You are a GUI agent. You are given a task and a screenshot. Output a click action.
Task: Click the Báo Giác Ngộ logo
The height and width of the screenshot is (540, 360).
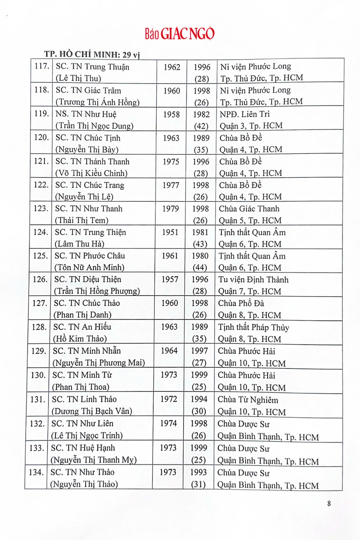(179, 34)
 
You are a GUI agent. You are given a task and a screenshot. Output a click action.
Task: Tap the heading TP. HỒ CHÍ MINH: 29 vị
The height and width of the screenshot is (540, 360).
(92, 54)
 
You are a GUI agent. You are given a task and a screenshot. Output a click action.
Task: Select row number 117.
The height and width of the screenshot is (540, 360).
(42, 66)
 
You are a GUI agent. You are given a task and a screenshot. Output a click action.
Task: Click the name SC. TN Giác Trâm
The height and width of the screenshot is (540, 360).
(88, 91)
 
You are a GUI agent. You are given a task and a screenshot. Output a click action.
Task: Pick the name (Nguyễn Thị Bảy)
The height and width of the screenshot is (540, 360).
(87, 149)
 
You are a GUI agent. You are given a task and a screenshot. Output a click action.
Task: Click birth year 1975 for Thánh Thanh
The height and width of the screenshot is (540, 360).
(171, 162)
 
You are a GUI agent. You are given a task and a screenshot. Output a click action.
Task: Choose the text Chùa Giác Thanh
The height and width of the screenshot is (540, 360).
(249, 209)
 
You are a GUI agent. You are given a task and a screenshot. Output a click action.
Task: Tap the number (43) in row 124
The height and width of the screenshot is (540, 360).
(200, 244)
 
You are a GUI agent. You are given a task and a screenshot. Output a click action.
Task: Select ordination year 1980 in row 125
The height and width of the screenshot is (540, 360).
(200, 256)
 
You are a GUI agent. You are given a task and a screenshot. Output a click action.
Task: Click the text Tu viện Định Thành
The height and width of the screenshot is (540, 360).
(253, 280)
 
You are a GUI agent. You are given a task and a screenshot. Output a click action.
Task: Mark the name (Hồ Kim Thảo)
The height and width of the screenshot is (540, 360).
(80, 339)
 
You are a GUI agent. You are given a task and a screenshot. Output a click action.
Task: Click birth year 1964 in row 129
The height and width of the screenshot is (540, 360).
(169, 351)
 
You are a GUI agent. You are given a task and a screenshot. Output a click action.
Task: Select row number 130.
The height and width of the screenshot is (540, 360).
(38, 375)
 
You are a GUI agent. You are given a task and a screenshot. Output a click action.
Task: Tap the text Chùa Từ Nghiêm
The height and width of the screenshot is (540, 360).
(248, 400)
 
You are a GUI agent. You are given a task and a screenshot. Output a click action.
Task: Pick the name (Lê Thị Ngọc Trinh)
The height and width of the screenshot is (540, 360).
(87, 435)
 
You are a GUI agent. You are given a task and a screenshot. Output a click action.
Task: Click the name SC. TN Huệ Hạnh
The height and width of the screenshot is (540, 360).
(83, 448)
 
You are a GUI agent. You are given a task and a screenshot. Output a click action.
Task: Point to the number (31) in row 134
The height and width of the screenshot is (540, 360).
(198, 484)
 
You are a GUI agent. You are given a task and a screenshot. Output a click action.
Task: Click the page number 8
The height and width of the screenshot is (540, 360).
(329, 504)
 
